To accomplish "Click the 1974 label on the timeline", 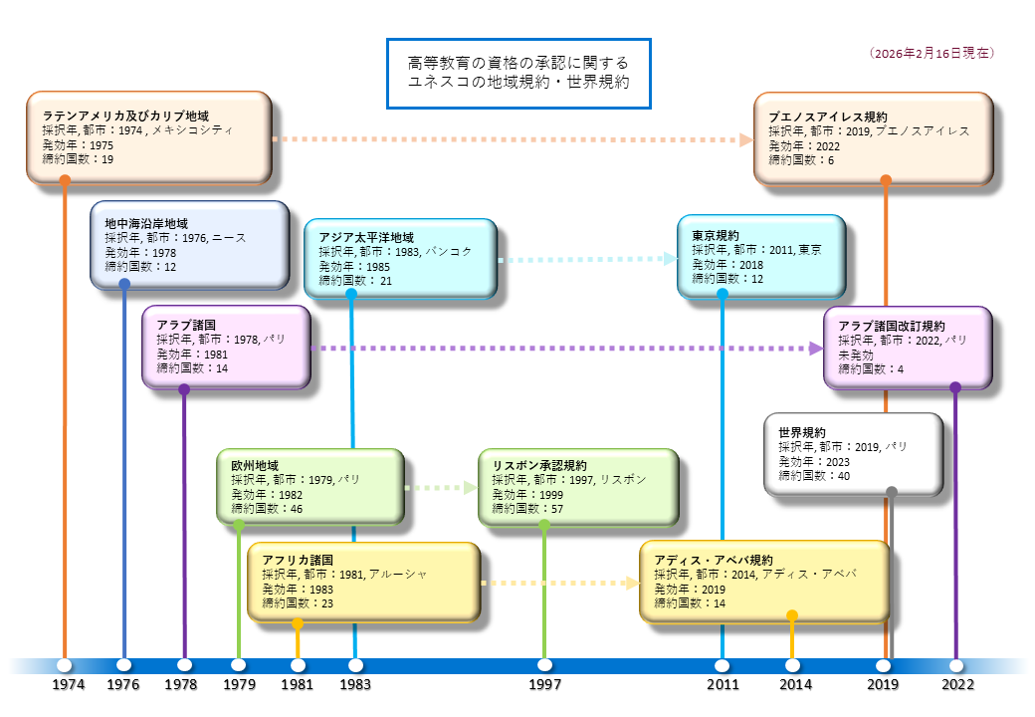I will [69, 685].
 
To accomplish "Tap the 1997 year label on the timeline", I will [545, 685].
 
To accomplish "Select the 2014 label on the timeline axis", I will [795, 685].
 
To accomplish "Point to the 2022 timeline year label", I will [958, 685].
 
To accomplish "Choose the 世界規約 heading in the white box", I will [802, 433].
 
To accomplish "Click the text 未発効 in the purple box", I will [856, 355].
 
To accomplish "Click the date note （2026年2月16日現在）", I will [931, 53].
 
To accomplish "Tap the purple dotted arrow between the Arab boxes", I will [567, 349].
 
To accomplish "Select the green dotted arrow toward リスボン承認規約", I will [442, 488].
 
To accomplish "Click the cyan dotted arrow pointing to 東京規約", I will [587, 259].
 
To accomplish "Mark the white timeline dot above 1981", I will [298, 664].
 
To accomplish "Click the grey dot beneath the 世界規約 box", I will [892, 492].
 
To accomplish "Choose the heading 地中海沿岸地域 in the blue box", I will [146, 224].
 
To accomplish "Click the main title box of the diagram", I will [517, 74].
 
